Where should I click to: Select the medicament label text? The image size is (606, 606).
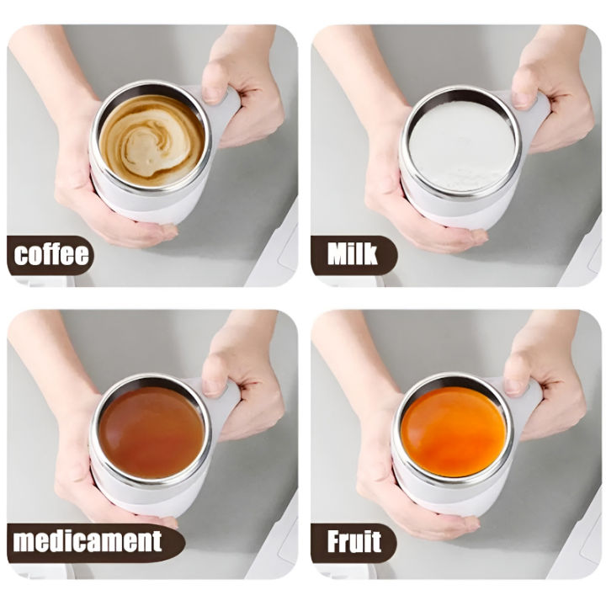coord(88,541)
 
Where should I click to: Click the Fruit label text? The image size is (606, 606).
coord(353,541)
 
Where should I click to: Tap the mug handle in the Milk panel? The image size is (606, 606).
coord(532,118)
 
